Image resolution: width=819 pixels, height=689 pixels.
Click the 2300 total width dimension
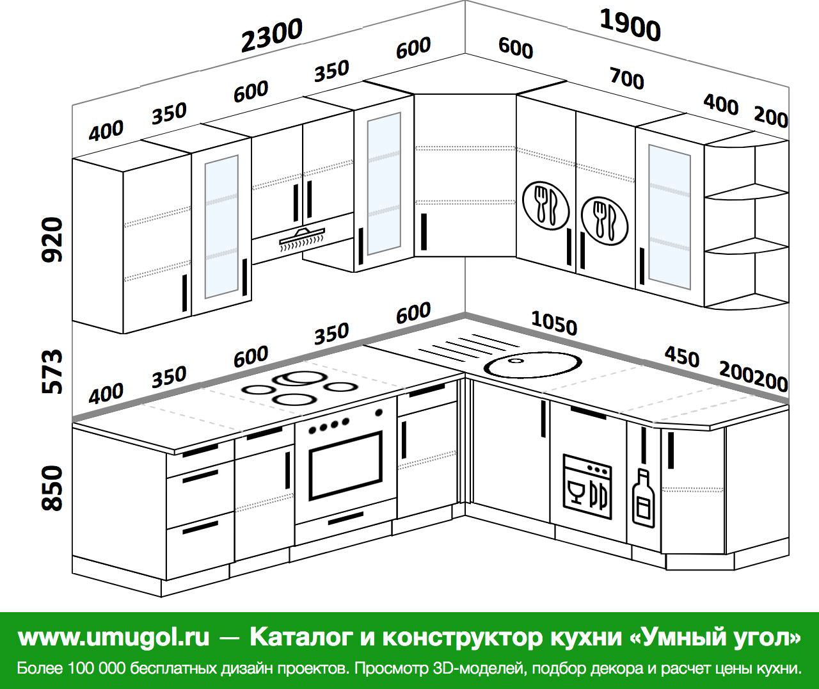(x=271, y=35)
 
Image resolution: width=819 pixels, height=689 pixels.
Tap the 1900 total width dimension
(x=630, y=26)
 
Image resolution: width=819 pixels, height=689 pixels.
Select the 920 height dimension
(x=52, y=239)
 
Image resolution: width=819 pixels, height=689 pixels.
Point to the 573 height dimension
(x=52, y=371)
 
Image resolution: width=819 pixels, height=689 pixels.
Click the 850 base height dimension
(x=52, y=489)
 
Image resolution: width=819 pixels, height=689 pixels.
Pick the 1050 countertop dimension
(x=554, y=323)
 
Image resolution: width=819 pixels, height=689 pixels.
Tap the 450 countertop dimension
(x=681, y=357)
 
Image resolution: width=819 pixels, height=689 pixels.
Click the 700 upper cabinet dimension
(x=627, y=79)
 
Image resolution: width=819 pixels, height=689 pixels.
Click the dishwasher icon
(x=587, y=487)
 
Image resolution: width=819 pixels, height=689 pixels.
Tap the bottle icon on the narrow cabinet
(x=643, y=498)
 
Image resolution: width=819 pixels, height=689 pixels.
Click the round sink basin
(x=533, y=365)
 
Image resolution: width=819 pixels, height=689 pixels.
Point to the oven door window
(x=346, y=466)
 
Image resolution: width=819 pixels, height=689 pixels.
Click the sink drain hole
(x=516, y=359)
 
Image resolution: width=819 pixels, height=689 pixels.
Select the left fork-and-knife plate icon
(x=546, y=206)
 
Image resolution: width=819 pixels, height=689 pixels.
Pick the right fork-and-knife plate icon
(x=605, y=221)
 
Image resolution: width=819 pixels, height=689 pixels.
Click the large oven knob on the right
(x=379, y=412)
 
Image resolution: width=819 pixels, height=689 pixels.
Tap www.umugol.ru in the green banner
(x=114, y=636)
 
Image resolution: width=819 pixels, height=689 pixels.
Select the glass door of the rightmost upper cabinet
(x=669, y=216)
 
